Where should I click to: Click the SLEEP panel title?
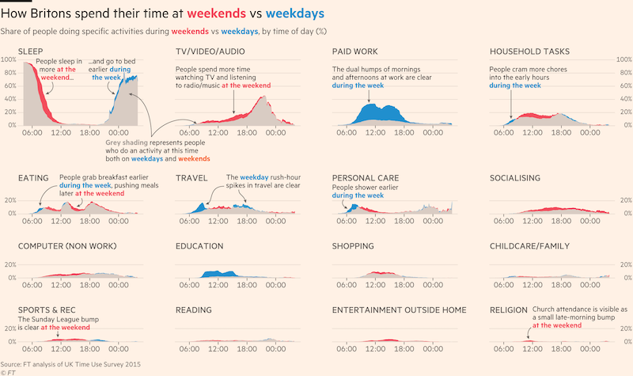coord(30,51)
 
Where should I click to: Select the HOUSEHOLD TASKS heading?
coord(529,51)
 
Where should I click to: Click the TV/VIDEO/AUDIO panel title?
coord(210,51)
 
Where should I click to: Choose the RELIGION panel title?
coord(510,310)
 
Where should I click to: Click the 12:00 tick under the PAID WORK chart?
coord(376,132)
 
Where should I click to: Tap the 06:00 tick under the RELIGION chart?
coord(503,348)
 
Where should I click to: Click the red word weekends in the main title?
coord(214,14)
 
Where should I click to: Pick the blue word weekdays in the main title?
coord(294,14)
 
